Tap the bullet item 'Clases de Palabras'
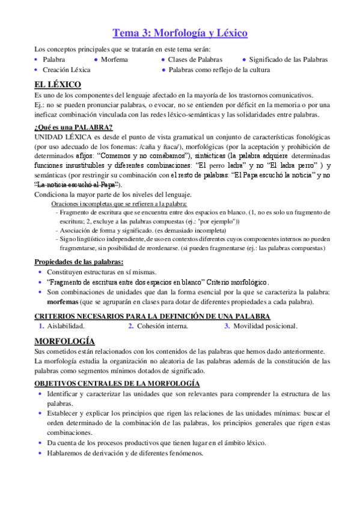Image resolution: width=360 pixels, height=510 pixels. coord(195,60)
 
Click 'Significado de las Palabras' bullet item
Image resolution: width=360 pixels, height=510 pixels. coord(288,60)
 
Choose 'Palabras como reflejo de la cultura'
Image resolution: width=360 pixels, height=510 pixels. coord(219,70)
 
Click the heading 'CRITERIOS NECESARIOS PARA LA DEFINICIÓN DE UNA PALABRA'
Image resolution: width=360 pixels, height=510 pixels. coord(152,316)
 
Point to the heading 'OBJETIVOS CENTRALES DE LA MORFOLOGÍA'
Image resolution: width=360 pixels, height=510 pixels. coord(117,383)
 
